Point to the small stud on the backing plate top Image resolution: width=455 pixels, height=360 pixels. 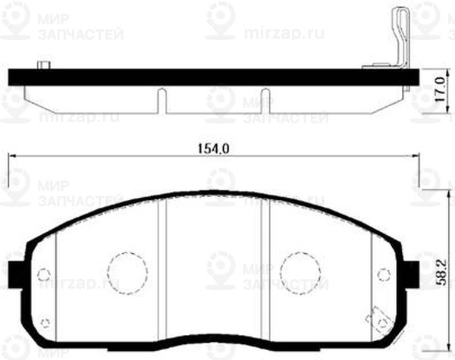(x=45, y=65)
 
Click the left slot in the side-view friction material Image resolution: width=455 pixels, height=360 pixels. (x=160, y=100)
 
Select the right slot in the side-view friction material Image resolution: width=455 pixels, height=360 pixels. (x=265, y=100)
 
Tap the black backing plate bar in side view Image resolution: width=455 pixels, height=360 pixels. (x=212, y=77)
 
